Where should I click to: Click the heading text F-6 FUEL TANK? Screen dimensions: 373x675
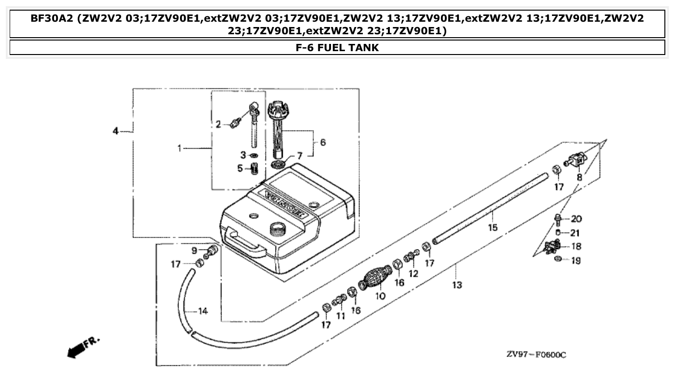tap(337, 48)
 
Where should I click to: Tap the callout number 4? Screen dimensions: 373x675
tap(116, 131)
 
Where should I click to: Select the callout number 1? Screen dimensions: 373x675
tap(179, 149)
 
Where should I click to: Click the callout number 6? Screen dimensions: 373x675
tap(322, 142)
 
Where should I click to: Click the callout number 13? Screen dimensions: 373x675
tap(457, 285)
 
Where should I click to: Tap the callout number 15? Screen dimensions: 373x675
tap(492, 227)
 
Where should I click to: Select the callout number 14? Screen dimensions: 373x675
tap(203, 312)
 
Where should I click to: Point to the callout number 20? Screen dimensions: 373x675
tap(576, 219)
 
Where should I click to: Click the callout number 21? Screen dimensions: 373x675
tap(575, 233)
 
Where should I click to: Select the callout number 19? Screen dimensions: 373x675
tap(576, 261)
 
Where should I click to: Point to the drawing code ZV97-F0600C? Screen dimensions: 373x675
tap(536, 355)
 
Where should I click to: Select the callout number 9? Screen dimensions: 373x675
tap(194, 250)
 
